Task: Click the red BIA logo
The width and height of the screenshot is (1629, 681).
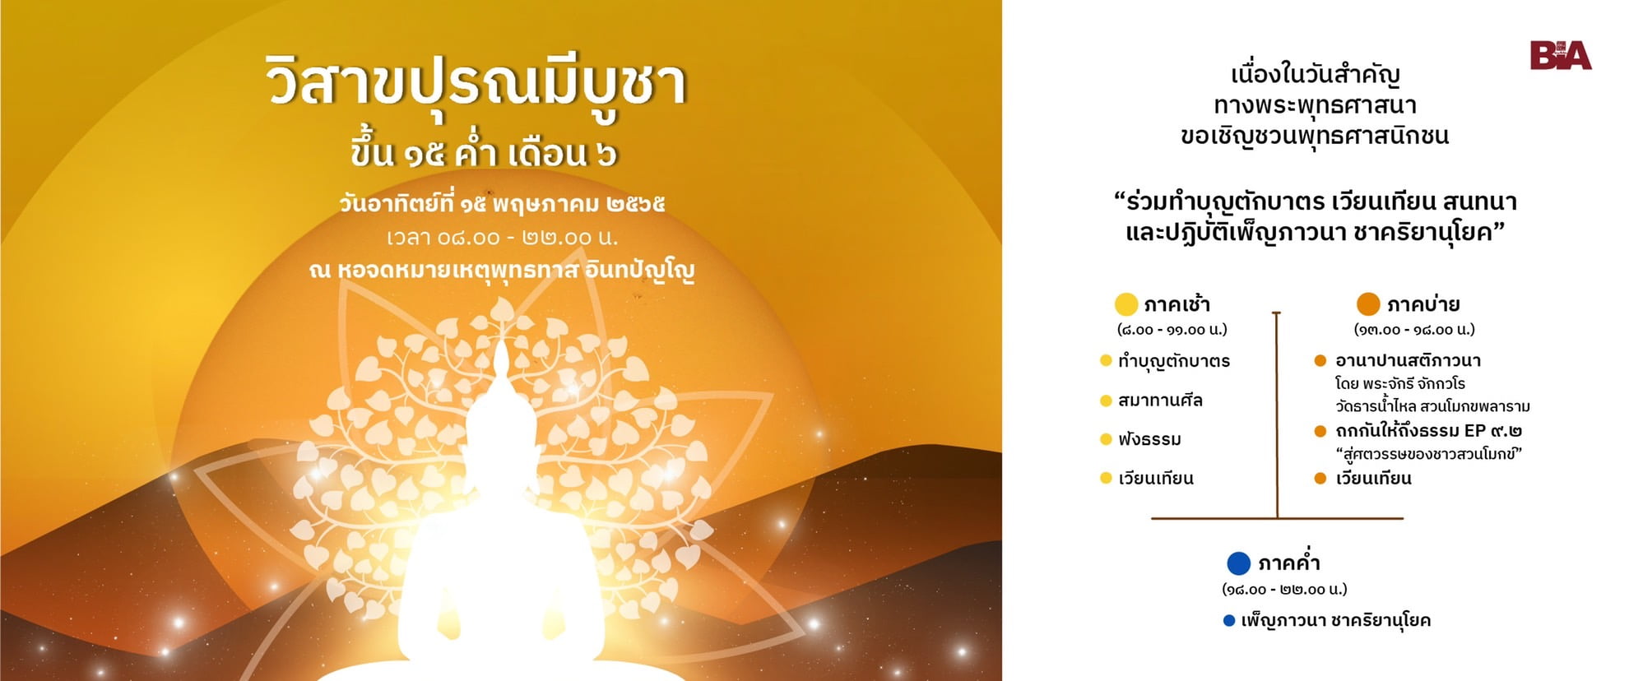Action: click(1561, 56)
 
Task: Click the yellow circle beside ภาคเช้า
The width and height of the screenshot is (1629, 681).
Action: click(1125, 304)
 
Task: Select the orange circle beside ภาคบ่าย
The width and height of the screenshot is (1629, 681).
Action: click(1368, 304)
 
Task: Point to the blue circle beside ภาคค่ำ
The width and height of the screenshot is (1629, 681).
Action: click(1239, 563)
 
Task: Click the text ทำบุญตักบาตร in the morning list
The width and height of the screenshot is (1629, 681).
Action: click(1174, 361)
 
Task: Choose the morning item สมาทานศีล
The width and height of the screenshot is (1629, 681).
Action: click(1160, 401)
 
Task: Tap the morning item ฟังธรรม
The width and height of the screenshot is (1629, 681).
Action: click(1149, 439)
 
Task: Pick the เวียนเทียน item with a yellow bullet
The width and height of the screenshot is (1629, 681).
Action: click(1156, 479)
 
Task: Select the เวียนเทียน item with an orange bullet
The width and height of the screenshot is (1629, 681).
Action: click(1374, 479)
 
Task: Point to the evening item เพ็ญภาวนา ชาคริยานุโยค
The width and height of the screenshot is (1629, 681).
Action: click(1336, 620)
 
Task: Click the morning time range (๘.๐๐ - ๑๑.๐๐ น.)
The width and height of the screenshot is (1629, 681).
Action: click(1172, 330)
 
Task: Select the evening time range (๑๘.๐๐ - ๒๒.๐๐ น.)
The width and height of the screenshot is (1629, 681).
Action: click(1284, 589)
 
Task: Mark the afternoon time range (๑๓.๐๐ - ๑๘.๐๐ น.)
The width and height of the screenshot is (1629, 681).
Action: click(1414, 330)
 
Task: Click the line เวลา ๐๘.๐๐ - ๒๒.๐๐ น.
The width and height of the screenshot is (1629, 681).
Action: click(502, 238)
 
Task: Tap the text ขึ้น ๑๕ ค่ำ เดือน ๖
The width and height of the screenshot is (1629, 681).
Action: click(484, 154)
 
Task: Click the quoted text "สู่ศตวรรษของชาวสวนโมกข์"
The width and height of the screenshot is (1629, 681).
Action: click(1429, 454)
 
